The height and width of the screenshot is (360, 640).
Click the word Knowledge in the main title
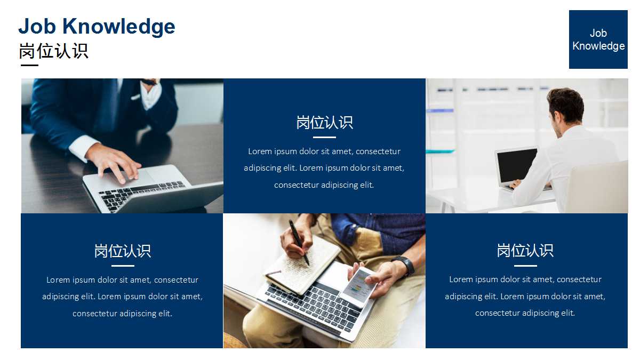point(118,27)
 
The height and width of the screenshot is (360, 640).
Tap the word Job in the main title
point(37,26)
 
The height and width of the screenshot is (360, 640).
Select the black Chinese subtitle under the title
point(54,51)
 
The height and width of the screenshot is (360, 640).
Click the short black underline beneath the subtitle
point(29,65)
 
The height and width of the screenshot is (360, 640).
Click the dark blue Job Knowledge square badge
point(598,39)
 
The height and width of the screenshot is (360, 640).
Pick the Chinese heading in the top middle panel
point(324,122)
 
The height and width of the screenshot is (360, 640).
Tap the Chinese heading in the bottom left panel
point(123,251)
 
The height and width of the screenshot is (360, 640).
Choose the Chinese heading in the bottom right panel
point(525,250)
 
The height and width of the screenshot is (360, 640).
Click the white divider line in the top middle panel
point(324,138)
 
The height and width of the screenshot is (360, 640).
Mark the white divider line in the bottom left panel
point(123,266)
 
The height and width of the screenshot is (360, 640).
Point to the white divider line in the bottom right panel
point(525,266)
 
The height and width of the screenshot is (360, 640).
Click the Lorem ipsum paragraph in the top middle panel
point(324,168)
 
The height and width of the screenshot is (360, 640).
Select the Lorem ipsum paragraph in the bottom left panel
point(122,297)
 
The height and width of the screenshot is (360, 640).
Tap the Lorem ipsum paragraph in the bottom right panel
point(525,296)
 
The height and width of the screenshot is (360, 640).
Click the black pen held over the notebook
point(299,242)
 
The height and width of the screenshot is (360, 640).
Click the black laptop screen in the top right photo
point(517,166)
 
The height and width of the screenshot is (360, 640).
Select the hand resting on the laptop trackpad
point(114,162)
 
